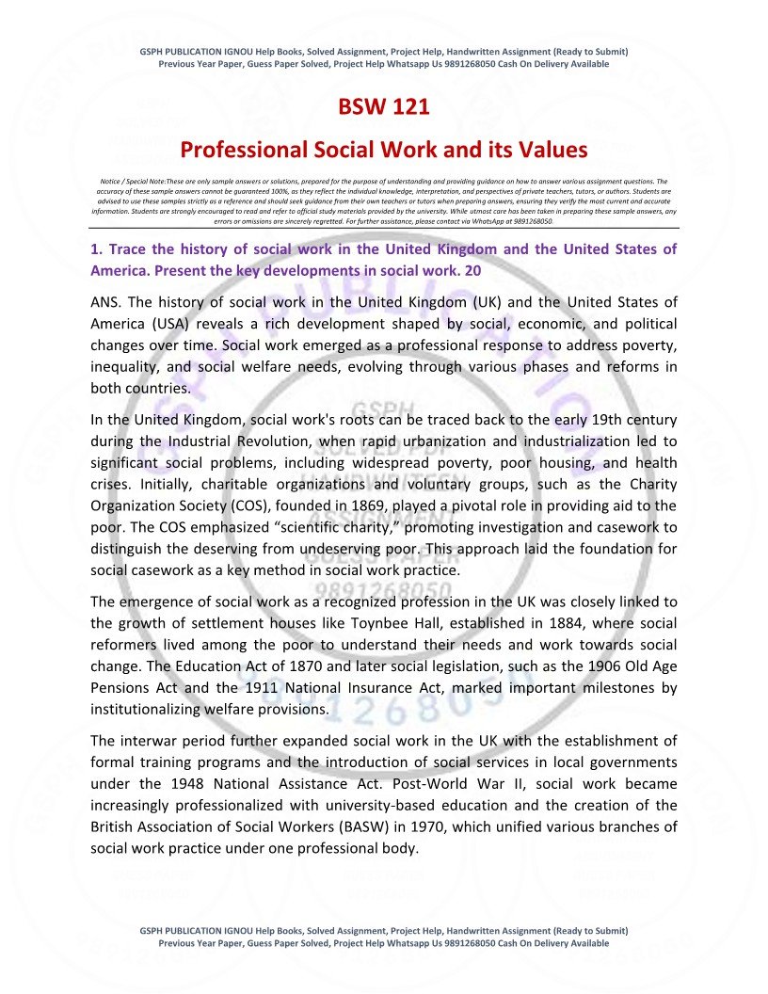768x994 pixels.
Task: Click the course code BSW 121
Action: [384, 107]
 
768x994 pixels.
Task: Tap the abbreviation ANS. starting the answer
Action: [105, 302]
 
